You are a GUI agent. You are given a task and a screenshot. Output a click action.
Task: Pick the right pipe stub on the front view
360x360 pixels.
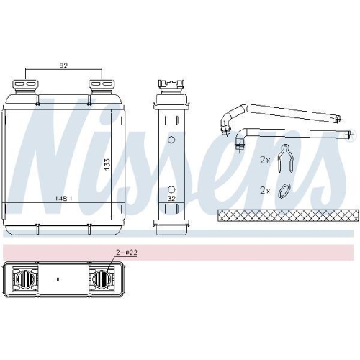[101, 86]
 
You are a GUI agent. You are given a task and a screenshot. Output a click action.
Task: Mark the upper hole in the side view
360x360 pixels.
[171, 140]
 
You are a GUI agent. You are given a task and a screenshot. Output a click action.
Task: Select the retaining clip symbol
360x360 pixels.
[286, 158]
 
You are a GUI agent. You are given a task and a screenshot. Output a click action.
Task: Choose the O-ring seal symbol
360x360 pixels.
[285, 191]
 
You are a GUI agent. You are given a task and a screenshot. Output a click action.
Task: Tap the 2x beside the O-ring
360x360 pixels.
[264, 191]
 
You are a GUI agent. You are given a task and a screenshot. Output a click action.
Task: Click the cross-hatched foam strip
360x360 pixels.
[287, 215]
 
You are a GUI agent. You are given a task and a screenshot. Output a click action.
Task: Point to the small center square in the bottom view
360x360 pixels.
[58, 277]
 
